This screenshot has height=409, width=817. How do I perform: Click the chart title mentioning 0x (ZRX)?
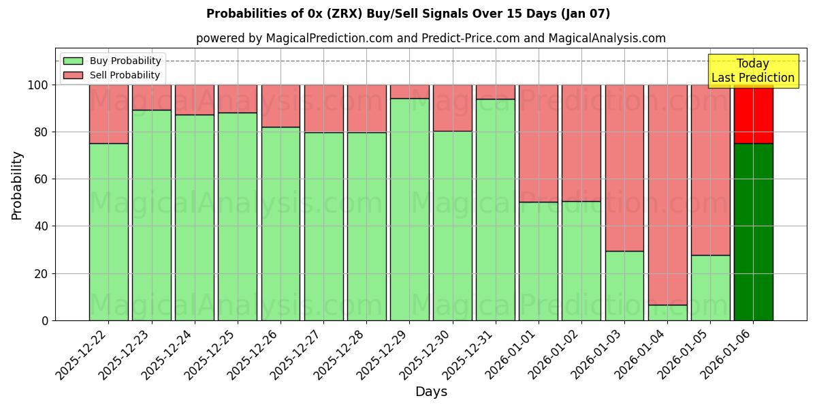point(408,14)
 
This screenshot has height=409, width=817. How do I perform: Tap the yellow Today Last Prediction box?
point(752,71)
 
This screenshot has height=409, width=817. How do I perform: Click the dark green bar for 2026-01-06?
point(753,232)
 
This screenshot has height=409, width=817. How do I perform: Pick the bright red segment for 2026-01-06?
point(753,114)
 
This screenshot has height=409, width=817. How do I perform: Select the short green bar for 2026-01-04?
point(667,312)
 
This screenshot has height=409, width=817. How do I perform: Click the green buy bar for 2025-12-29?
point(409,209)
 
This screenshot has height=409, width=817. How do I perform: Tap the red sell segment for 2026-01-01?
point(539,143)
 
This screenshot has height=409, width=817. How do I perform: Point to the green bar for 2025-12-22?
point(108,232)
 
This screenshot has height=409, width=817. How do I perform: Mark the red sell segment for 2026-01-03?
point(624,168)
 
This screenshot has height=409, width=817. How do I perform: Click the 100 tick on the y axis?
point(37,85)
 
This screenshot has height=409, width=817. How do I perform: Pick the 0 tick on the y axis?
point(45,320)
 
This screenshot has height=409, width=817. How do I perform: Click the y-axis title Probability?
point(17,185)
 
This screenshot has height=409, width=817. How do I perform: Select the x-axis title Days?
point(431,392)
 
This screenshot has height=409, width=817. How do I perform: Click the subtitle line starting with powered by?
point(430,38)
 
